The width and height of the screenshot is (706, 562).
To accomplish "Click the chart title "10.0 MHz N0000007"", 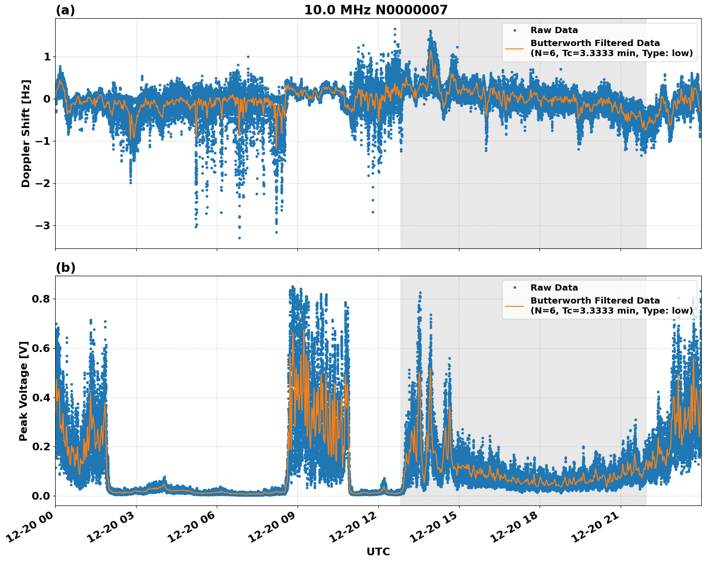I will tap(376, 10).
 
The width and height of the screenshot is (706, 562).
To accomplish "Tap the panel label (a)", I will tap(65, 10).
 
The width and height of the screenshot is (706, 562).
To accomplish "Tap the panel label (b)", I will tap(65, 268).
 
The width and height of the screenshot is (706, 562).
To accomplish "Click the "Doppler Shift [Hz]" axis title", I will tap(25, 133).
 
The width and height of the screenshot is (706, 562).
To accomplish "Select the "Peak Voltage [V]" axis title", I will tap(24, 391).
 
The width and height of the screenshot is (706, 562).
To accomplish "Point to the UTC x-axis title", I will tap(378, 551).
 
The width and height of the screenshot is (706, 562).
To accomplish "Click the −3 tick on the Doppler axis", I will tap(43, 225).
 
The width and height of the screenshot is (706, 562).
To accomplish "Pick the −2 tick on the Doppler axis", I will tap(43, 183).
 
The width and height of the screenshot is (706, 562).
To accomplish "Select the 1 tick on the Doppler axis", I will tap(47, 57).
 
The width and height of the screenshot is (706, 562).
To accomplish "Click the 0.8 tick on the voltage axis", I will tap(41, 299).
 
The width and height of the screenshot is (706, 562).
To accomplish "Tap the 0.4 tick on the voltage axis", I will tap(41, 398).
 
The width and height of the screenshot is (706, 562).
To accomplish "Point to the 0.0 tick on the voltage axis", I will tap(41, 496).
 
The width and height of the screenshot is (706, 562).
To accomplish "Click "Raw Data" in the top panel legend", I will tap(554, 30).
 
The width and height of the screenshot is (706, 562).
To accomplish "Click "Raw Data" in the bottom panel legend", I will tap(554, 288).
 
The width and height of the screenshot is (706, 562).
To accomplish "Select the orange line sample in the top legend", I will tap(514, 48).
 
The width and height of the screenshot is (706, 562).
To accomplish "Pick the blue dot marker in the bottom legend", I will tap(514, 288).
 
